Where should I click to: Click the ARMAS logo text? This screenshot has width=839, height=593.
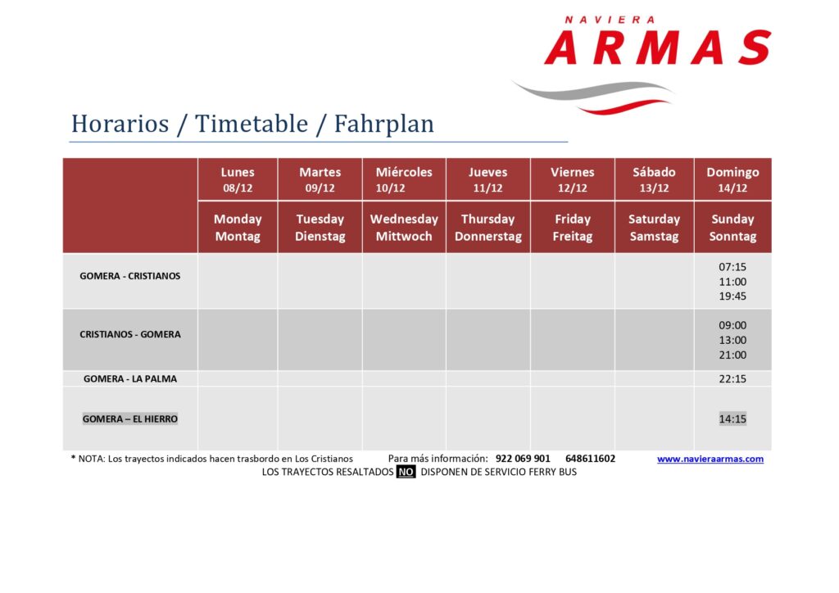[x=658, y=47]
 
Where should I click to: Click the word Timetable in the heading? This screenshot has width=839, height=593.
[x=252, y=124]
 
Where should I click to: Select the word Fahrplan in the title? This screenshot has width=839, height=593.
[x=384, y=124]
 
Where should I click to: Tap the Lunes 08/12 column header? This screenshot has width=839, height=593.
[x=238, y=179]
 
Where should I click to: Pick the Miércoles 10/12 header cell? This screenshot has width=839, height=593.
[x=404, y=179]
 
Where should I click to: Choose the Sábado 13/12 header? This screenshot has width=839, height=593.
[x=654, y=179]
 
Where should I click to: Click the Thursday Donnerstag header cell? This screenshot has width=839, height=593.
[x=488, y=227]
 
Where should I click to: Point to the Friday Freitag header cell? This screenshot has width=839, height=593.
[x=573, y=227]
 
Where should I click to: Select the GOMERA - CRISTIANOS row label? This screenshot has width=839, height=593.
[x=130, y=276]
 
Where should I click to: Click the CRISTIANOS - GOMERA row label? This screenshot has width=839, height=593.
[x=130, y=334]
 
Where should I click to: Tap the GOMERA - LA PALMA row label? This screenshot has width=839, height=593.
[x=130, y=378]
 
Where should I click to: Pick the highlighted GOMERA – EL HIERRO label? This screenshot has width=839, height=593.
[x=130, y=419]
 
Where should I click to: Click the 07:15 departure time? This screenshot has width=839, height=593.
[x=732, y=267]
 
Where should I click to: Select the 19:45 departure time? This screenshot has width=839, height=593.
[x=732, y=296]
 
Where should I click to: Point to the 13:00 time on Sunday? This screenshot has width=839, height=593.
[x=732, y=340]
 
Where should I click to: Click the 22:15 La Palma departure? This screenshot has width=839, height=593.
[x=732, y=378]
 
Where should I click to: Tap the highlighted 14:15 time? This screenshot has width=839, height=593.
[x=732, y=419]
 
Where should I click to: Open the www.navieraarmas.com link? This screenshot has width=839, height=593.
[x=710, y=459]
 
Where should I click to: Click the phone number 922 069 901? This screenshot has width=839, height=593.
[x=523, y=458]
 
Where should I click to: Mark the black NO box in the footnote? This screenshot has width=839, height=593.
[x=406, y=472]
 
